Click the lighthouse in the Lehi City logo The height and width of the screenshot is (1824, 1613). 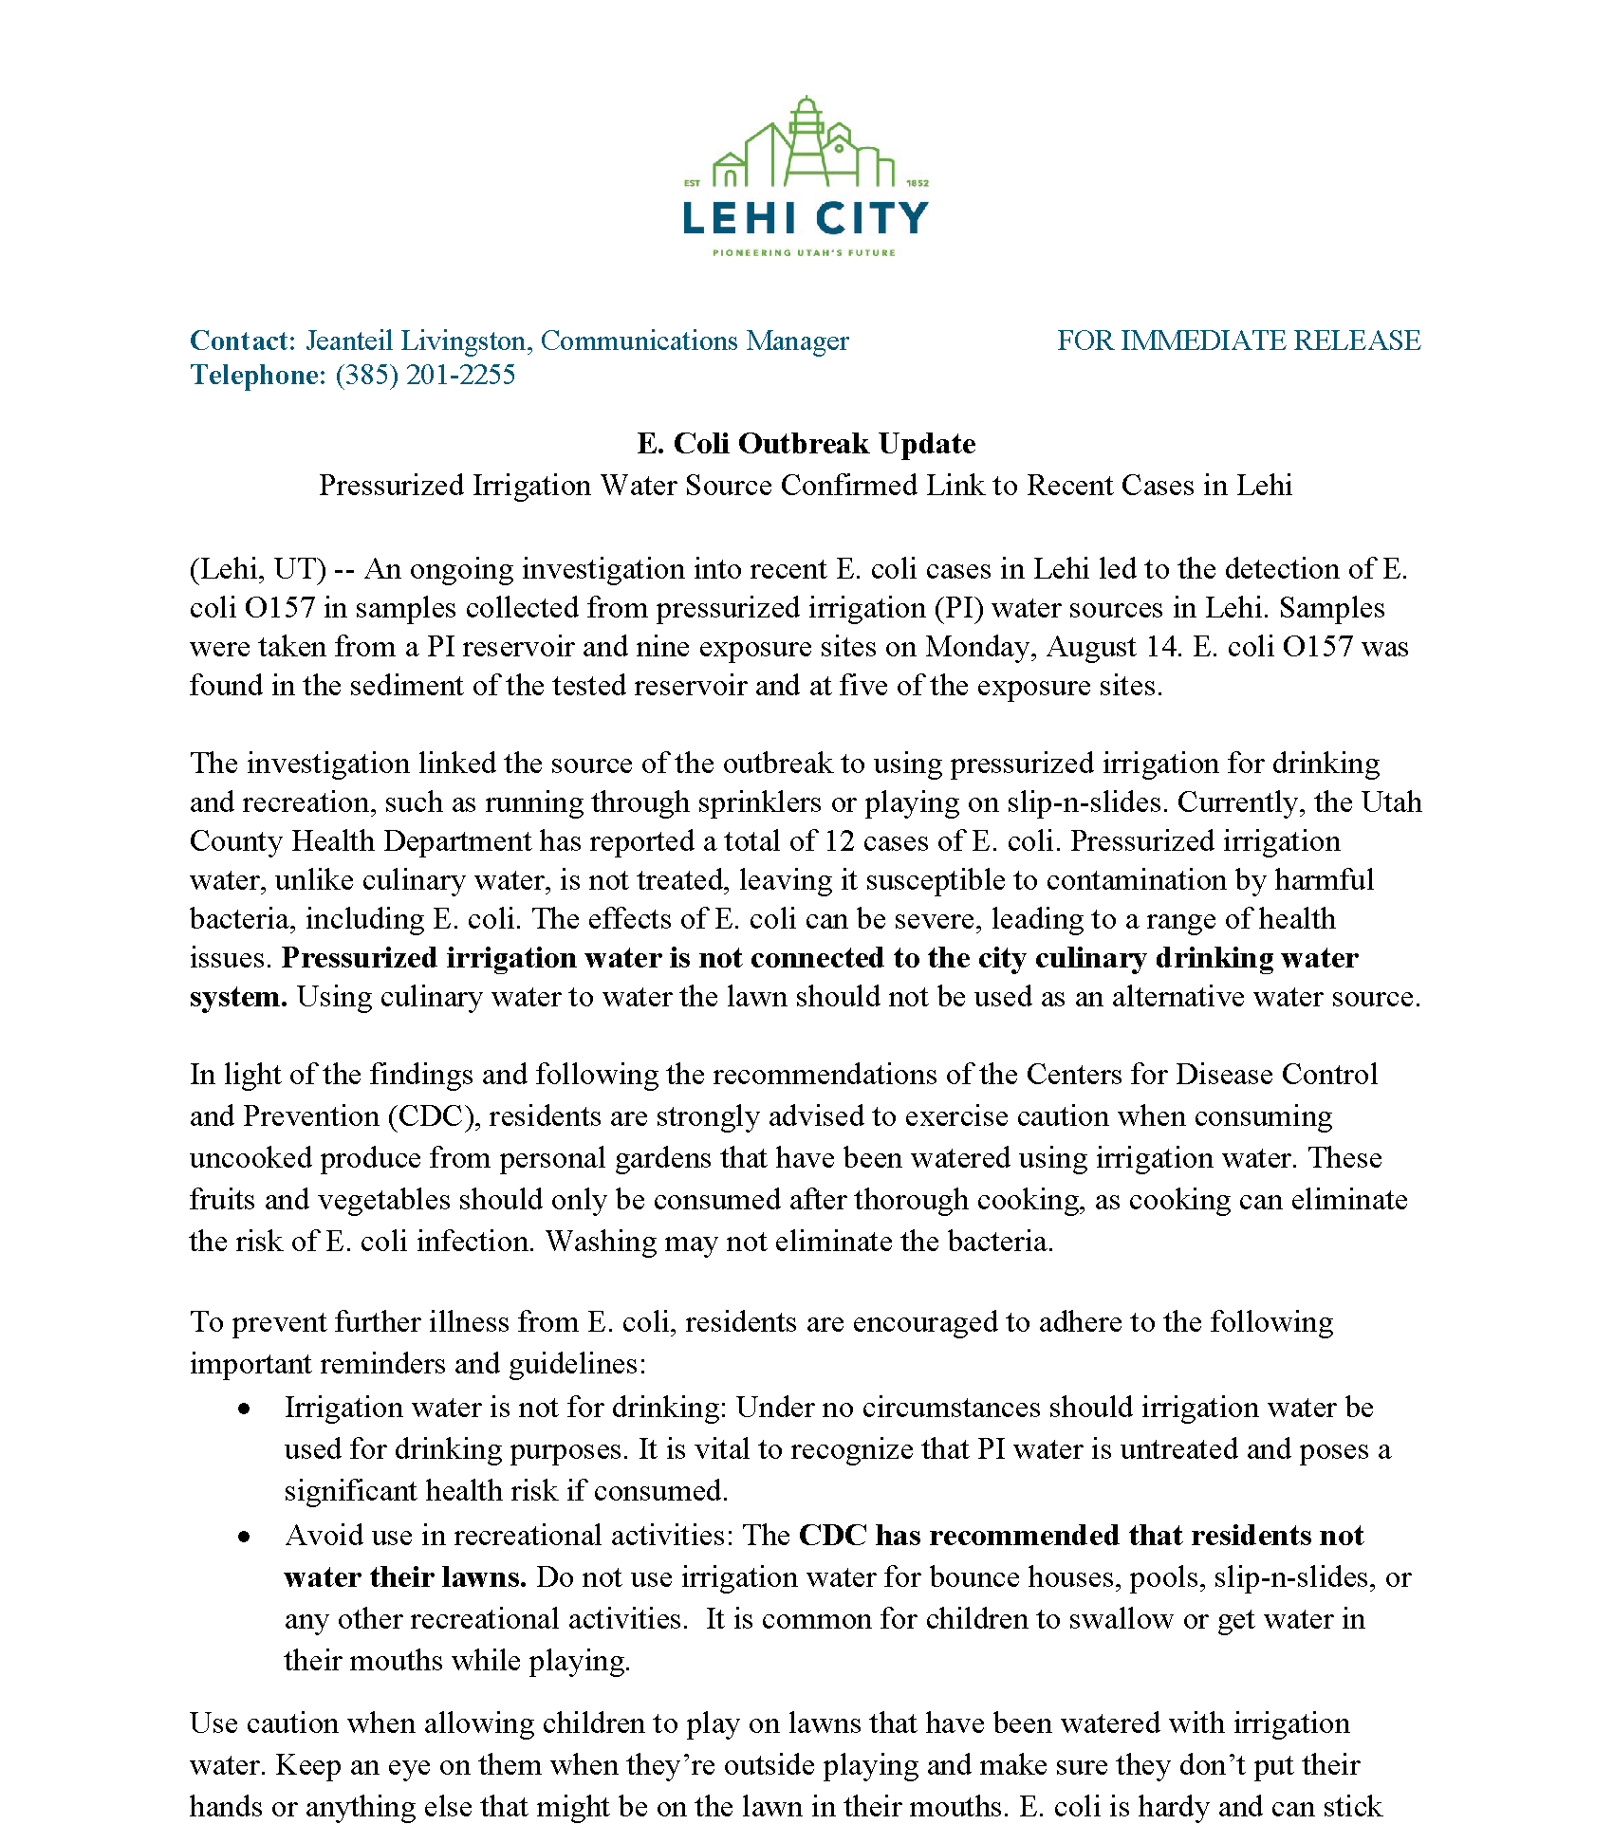[x=806, y=142]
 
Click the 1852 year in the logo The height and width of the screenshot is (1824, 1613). [x=917, y=183]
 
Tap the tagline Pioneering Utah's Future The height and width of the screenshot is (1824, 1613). [x=805, y=253]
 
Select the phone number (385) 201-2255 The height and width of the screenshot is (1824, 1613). [x=425, y=376]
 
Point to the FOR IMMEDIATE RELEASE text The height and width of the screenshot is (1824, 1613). [x=1238, y=341]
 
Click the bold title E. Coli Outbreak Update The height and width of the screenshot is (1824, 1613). [x=806, y=444]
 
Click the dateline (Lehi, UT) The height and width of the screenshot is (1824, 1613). [x=258, y=569]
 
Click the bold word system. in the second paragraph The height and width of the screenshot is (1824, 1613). [x=238, y=998]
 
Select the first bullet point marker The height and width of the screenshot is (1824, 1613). [x=245, y=1409]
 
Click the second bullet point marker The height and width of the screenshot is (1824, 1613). [x=245, y=1538]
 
